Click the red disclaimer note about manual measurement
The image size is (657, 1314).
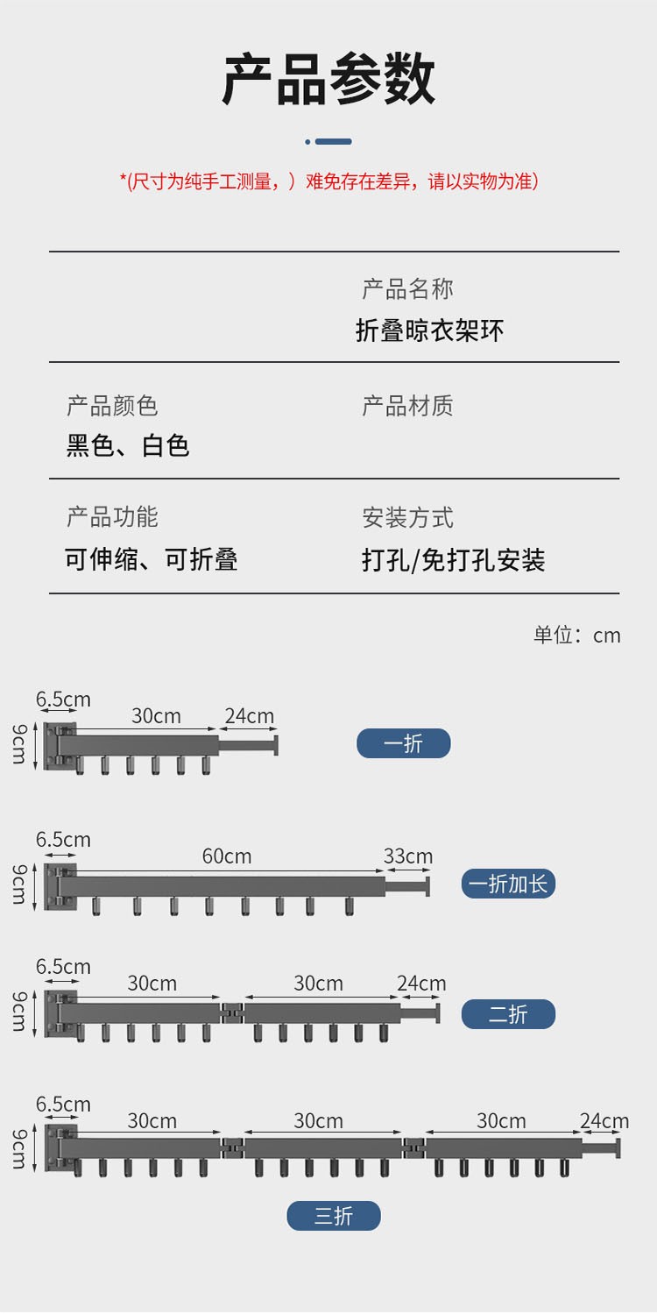click(328, 181)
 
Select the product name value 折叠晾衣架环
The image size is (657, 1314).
click(429, 330)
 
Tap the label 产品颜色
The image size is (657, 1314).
click(112, 406)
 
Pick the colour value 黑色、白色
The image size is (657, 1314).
click(128, 445)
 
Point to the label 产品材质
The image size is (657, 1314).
click(407, 406)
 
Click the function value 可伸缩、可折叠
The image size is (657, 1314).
click(152, 559)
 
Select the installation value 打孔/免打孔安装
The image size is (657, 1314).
click(453, 559)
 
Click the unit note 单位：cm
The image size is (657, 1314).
click(576, 635)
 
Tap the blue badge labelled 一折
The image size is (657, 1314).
click(403, 743)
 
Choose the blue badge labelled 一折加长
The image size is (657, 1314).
click(508, 884)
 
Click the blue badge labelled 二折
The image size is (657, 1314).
click(508, 1014)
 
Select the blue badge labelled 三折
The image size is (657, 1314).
click(334, 1216)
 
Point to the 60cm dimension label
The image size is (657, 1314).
click(226, 856)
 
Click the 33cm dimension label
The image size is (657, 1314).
click(407, 856)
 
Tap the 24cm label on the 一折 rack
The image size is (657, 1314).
click(249, 716)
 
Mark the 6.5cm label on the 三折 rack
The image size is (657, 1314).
click(63, 1104)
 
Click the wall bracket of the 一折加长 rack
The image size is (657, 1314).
click(60, 886)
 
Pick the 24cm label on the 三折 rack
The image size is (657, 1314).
click(604, 1121)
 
